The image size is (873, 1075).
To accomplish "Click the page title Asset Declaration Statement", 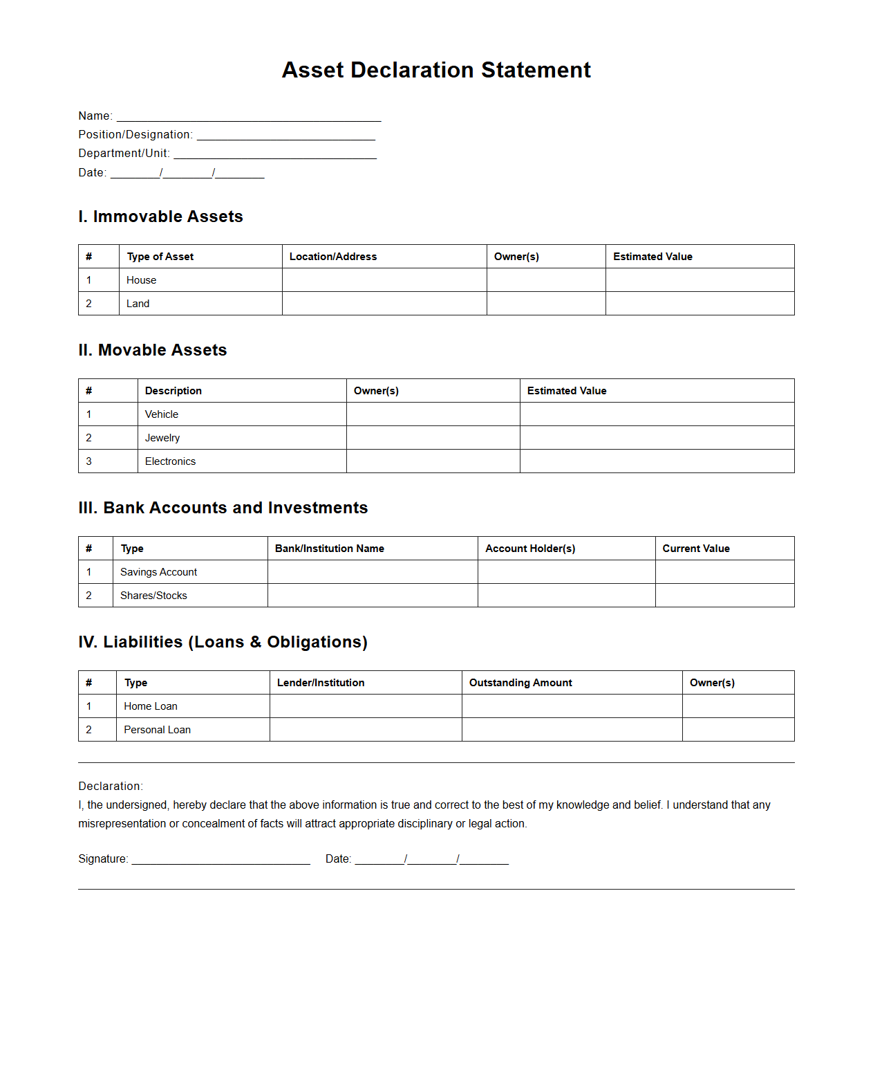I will pyautogui.click(x=436, y=70).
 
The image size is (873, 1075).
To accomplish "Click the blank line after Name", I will pyautogui.click(x=249, y=116).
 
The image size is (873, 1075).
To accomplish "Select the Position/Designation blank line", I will pyautogui.click(x=285, y=135).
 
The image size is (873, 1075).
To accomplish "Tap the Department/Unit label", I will pyautogui.click(x=124, y=153).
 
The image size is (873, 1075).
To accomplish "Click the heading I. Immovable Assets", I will pyautogui.click(x=160, y=217).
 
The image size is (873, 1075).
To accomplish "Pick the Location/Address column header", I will pyautogui.click(x=333, y=257).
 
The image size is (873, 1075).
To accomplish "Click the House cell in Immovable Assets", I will pyautogui.click(x=142, y=280).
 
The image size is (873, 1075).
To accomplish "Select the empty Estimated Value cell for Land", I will pyautogui.click(x=700, y=304).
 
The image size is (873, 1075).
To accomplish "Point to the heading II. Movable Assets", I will pyautogui.click(x=153, y=350).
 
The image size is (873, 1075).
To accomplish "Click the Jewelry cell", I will pyautogui.click(x=162, y=438).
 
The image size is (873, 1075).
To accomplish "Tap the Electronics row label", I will pyautogui.click(x=170, y=461).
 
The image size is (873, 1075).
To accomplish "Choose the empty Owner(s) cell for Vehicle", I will pyautogui.click(x=433, y=414).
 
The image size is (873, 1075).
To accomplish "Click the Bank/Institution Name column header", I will pyautogui.click(x=330, y=549).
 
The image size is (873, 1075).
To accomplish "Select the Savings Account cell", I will pyautogui.click(x=159, y=572).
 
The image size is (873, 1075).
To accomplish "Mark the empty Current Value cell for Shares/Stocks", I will pyautogui.click(x=724, y=596).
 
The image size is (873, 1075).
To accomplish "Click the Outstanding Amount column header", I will pyautogui.click(x=520, y=683).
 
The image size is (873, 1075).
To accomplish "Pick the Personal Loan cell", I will pyautogui.click(x=158, y=730).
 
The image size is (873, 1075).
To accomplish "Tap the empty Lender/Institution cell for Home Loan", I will pyautogui.click(x=366, y=706).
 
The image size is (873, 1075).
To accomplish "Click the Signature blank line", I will pyautogui.click(x=220, y=859).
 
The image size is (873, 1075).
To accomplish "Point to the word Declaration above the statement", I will pyautogui.click(x=110, y=786).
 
